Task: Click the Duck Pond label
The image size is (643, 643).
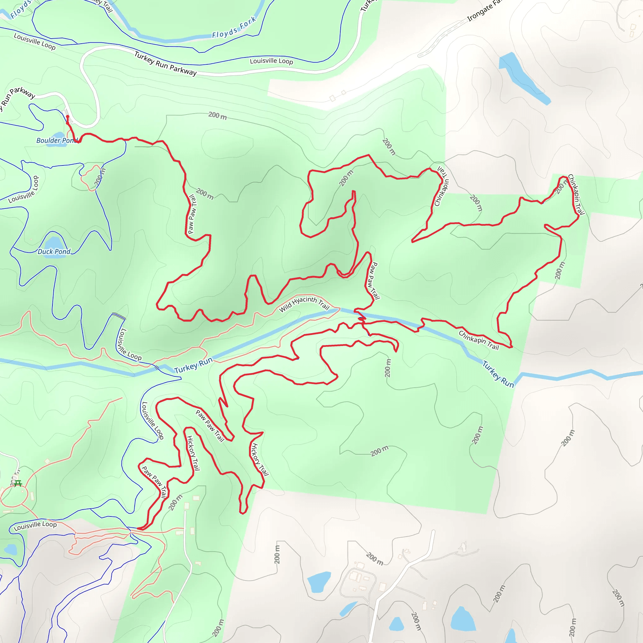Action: (x=54, y=251)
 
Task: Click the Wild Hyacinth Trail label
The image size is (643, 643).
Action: (x=304, y=304)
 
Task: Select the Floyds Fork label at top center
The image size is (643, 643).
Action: (x=234, y=28)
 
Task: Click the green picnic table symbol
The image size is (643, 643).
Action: (x=18, y=483)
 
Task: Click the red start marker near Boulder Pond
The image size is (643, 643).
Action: (x=68, y=117)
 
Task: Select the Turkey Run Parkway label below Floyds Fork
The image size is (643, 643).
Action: (x=165, y=63)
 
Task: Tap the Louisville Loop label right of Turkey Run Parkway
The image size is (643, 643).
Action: (x=271, y=61)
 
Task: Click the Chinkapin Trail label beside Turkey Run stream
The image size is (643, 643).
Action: (x=478, y=340)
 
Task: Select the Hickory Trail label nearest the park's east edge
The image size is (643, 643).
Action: (x=259, y=459)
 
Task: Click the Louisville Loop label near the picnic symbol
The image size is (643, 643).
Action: (x=35, y=526)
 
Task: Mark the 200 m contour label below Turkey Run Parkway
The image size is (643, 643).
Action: (x=218, y=116)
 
